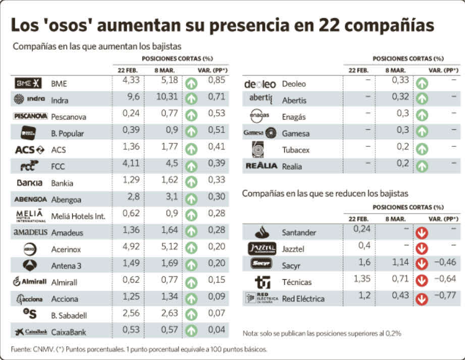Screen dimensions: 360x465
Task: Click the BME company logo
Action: point(28,83)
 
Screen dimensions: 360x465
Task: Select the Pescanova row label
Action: point(68,117)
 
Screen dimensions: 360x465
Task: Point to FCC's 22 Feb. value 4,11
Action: point(131,165)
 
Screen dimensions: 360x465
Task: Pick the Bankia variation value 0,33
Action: point(217,181)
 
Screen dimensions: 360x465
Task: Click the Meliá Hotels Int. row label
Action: point(78,216)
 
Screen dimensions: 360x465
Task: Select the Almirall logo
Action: point(30,282)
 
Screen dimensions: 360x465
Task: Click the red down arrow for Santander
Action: point(422,233)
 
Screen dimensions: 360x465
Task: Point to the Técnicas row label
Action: point(296,282)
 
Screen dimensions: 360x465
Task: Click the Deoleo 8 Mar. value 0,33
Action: point(400,80)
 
